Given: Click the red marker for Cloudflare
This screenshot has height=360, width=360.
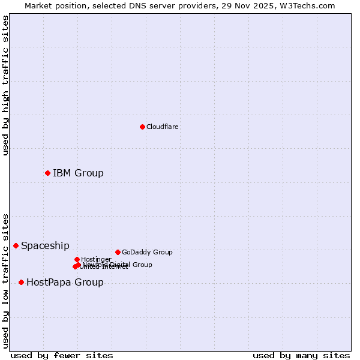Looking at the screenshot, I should (142, 127).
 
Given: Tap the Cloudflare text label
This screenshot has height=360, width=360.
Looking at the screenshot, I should (163, 127).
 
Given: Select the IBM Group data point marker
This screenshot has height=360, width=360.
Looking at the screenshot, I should (47, 173).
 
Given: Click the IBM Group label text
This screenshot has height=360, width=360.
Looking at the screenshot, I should (78, 173).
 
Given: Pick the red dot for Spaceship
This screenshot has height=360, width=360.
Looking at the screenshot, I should (16, 245).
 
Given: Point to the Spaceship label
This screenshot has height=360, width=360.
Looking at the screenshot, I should (45, 245).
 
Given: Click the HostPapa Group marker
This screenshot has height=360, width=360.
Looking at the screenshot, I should (21, 282).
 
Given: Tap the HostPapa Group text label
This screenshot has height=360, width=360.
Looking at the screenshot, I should (65, 282).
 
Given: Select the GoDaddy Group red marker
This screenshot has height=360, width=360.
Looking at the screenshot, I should (118, 252).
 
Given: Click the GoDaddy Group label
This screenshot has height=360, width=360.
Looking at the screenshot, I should (147, 252).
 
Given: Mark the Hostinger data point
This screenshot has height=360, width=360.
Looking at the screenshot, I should (77, 259).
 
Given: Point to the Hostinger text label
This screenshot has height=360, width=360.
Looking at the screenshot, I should (96, 259).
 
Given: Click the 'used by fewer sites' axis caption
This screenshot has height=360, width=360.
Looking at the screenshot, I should (62, 355).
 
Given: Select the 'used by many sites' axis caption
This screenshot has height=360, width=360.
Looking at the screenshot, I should (301, 355).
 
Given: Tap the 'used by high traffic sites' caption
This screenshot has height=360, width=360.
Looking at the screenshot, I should (5, 85).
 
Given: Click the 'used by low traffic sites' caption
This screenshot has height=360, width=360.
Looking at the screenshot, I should (5, 280).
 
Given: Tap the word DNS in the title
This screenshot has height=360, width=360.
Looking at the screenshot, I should (130, 5).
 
